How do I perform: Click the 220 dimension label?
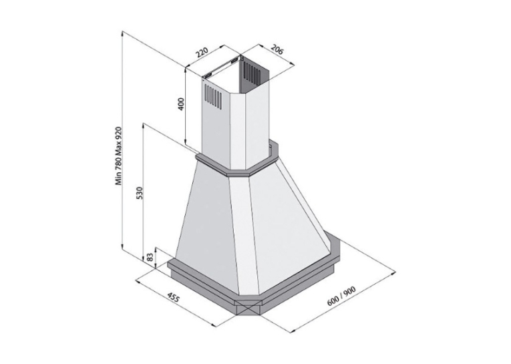pyautogui.click(x=202, y=53)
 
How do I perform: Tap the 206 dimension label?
pyautogui.click(x=277, y=50)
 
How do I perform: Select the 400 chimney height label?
pyautogui.click(x=182, y=104)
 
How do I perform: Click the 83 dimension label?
pyautogui.click(x=150, y=257)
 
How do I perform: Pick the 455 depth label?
pyautogui.click(x=173, y=298)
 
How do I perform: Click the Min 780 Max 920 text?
pyautogui.click(x=120, y=156)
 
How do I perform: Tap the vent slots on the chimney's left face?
pyautogui.click(x=214, y=97)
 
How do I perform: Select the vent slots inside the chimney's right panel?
pyautogui.click(x=252, y=73)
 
